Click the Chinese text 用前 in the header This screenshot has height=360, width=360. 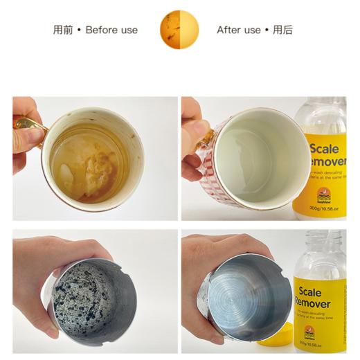[64, 30]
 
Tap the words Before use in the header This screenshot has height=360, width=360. [111, 30]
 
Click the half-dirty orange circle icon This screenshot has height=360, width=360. [180, 30]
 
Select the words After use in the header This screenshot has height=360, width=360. [239, 30]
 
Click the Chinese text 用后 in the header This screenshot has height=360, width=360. [283, 30]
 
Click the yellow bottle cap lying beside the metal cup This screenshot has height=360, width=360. [273, 339]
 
